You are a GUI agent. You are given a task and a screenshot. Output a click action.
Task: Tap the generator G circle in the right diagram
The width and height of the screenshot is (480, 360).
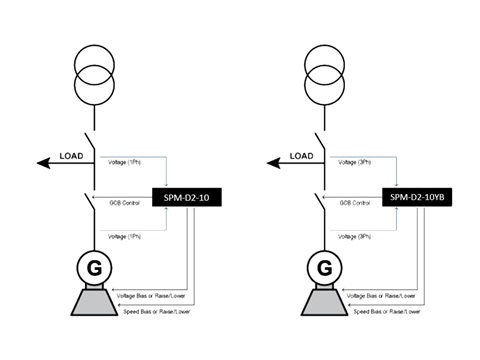(323, 267)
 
